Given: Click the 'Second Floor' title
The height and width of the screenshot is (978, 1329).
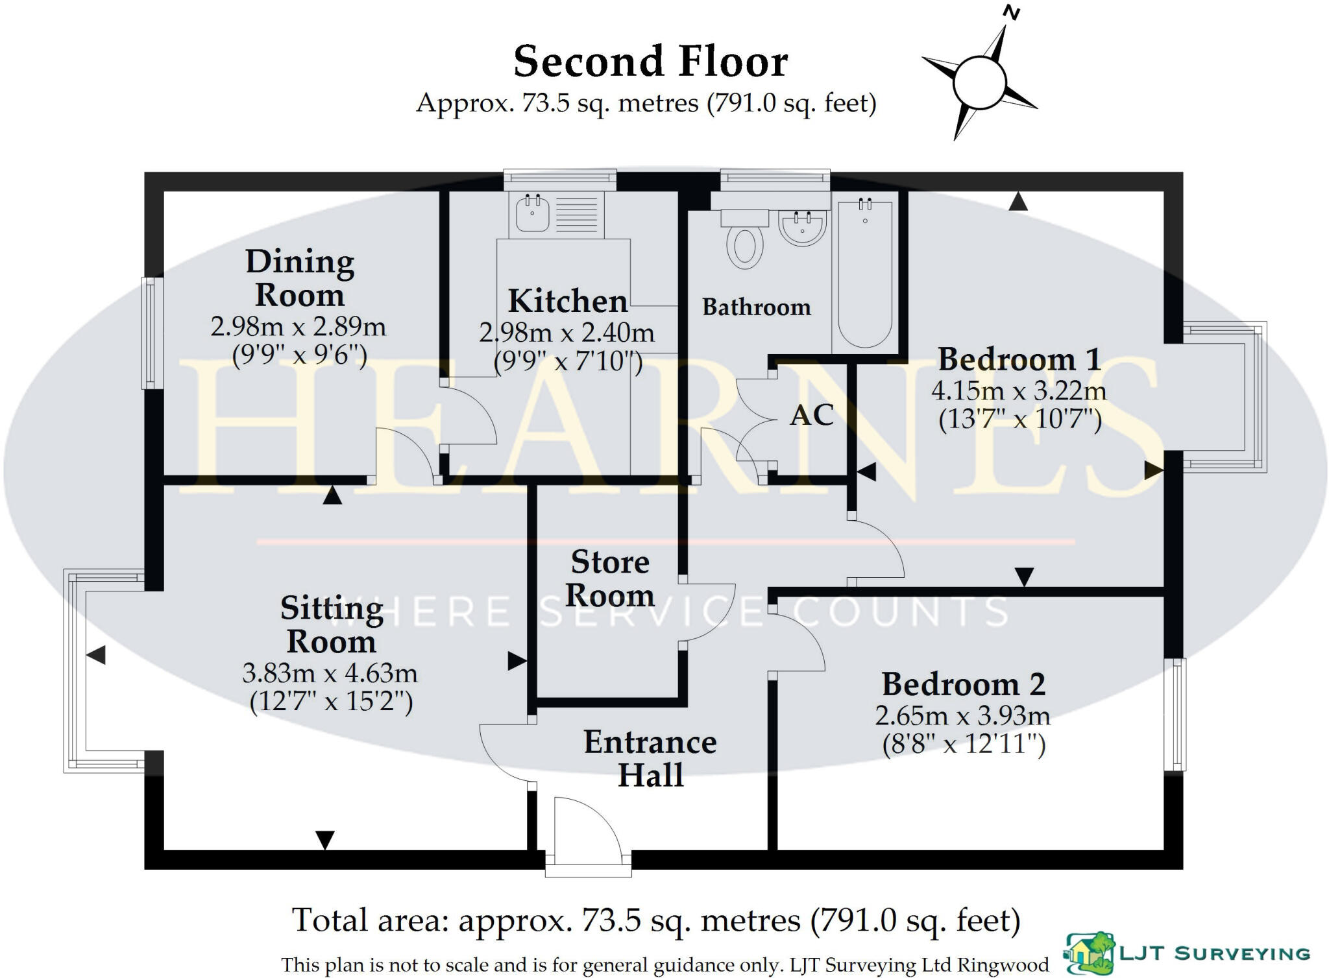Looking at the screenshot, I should (x=650, y=62).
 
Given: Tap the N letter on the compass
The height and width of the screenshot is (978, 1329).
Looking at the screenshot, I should (x=1011, y=12).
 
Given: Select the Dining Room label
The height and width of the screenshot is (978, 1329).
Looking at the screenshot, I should (x=300, y=278).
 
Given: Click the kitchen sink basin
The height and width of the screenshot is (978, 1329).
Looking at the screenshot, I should (x=532, y=212).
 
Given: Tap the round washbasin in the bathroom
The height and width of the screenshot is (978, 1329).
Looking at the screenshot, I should (x=802, y=226).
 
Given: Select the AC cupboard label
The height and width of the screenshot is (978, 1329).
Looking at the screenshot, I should (x=812, y=415).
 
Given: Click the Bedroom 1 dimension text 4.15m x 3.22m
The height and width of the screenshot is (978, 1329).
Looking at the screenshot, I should (x=1018, y=391).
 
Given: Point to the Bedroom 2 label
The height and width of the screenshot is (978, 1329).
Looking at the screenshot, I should (x=963, y=685).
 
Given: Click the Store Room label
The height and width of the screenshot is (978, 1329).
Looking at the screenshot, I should (x=609, y=578).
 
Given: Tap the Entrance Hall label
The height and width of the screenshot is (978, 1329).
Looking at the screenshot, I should (x=650, y=759).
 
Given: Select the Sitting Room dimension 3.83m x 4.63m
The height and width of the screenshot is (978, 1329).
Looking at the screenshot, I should (x=330, y=674).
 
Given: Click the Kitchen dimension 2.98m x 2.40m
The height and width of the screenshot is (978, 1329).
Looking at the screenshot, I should (x=567, y=333).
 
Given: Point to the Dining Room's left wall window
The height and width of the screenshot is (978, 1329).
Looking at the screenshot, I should (x=152, y=333).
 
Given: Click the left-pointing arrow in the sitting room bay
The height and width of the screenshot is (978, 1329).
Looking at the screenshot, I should (x=96, y=655).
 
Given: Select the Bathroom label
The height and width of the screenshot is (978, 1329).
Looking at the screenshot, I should (x=756, y=307).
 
